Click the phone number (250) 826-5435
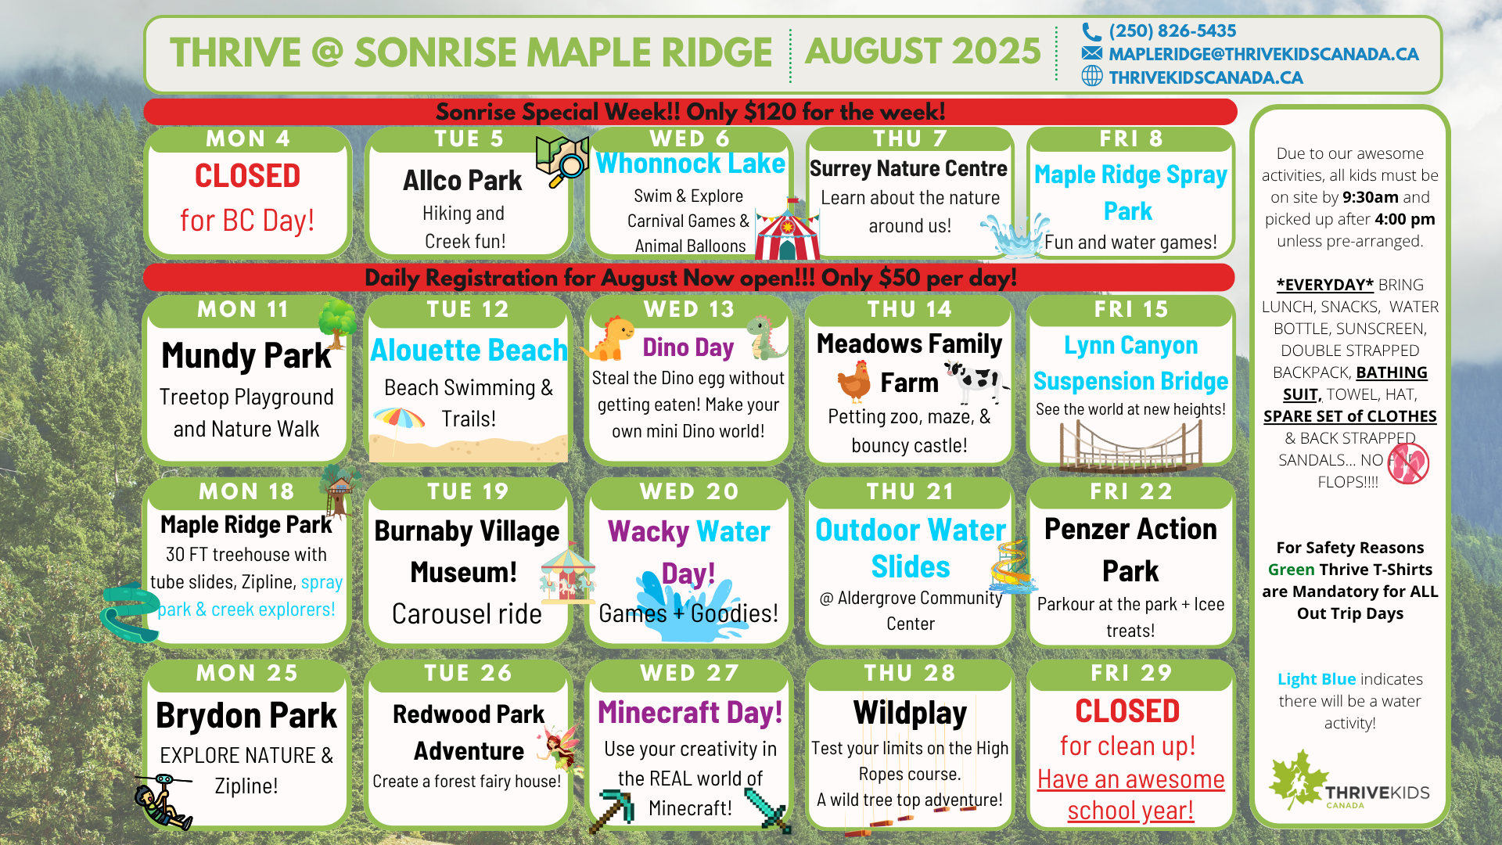coord(1172,31)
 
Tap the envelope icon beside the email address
coord(1092,53)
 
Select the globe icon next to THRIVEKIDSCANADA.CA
coord(1092,76)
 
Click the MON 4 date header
coord(248,138)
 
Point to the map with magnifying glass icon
coord(562,160)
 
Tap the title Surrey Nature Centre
coord(908,168)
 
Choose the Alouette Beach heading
coord(469,350)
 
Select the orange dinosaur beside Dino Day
coord(609,338)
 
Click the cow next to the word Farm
coord(976,382)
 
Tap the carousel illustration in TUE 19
coord(568,575)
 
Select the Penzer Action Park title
coord(1130,550)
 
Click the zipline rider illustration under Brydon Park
coord(163,802)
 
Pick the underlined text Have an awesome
coord(1131,779)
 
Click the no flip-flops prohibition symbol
coord(1408,463)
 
